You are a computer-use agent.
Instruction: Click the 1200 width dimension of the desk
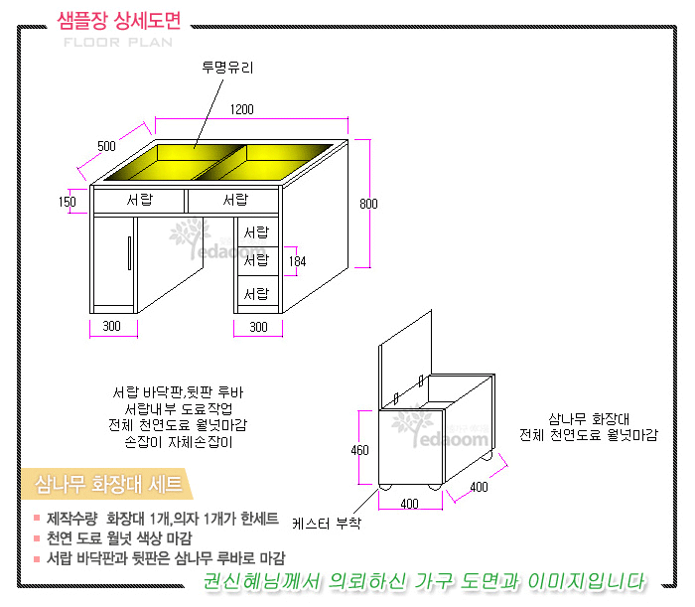point(242,109)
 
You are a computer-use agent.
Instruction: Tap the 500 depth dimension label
point(106,146)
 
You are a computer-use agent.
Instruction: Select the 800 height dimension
point(368,204)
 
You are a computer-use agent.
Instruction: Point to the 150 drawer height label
point(68,203)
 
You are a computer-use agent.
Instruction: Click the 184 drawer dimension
point(297,261)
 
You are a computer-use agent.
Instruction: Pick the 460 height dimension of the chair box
point(359,450)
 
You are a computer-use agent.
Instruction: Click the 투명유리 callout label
point(227,68)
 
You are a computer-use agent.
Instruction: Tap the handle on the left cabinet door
point(129,253)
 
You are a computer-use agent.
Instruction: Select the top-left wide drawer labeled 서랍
point(139,201)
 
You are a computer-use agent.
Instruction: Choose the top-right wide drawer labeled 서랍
point(233,201)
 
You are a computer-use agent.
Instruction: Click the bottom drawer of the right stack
point(258,291)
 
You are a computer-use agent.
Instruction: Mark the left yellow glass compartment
point(175,162)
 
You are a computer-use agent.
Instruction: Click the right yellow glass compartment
point(266,162)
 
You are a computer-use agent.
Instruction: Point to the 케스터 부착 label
point(327,524)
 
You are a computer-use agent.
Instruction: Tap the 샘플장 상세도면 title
point(119,21)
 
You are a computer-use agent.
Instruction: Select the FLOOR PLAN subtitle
point(118,43)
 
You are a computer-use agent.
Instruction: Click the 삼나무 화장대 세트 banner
point(107,484)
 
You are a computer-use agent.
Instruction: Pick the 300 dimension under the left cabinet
point(111,326)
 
